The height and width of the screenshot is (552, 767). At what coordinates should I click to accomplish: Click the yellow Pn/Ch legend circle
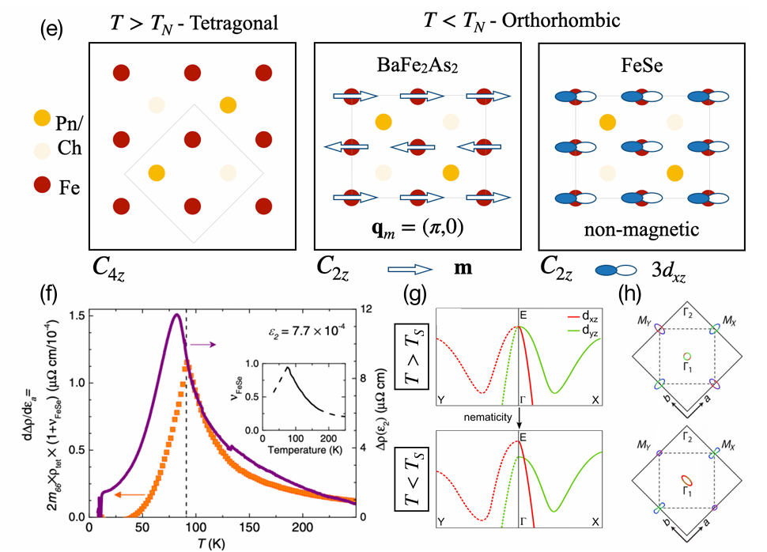[x=41, y=119]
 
